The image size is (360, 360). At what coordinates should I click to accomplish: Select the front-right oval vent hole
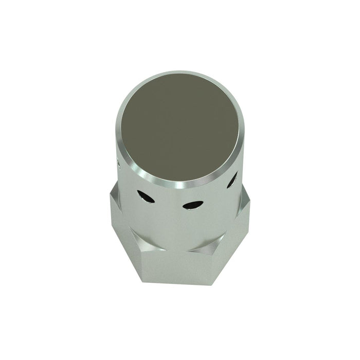pyautogui.click(x=191, y=205)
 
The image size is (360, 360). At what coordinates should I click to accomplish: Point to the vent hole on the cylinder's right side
pyautogui.click(x=232, y=179)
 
